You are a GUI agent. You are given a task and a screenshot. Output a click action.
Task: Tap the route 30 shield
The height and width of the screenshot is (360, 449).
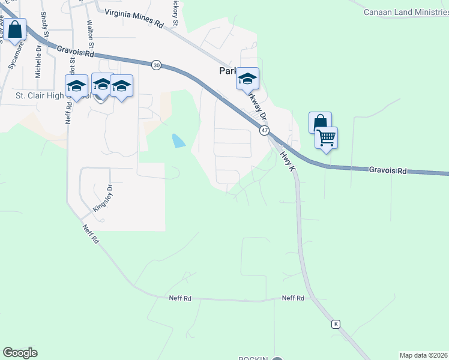tap(156, 65)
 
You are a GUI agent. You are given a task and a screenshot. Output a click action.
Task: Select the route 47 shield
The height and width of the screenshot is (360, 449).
tap(264, 130)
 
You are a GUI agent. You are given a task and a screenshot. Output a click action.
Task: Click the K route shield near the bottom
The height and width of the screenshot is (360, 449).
tap(336, 324)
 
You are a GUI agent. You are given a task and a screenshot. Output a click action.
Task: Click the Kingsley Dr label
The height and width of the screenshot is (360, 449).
tap(103, 198)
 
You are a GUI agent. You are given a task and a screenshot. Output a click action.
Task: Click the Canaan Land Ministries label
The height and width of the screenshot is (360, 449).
tap(406, 12)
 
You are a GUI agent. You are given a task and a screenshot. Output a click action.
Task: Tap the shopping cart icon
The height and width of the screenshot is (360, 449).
tap(327, 138)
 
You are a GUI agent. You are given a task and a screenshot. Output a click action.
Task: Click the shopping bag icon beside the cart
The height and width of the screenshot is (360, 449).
tap(321, 122)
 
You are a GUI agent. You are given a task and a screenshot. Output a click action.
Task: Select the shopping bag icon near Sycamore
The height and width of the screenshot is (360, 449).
tap(15, 29)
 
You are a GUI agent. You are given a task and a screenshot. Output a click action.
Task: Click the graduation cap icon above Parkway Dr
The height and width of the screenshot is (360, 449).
tap(247, 79)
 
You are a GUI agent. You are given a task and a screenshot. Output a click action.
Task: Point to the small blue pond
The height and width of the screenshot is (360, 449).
tap(178, 141)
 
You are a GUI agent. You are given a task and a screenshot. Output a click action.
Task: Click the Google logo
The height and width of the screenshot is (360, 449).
tap(20, 353)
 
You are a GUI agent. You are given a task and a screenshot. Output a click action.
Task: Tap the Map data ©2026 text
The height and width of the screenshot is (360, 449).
tap(423, 355)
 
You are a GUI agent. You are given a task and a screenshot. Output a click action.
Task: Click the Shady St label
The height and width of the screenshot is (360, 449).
tap(44, 23)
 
